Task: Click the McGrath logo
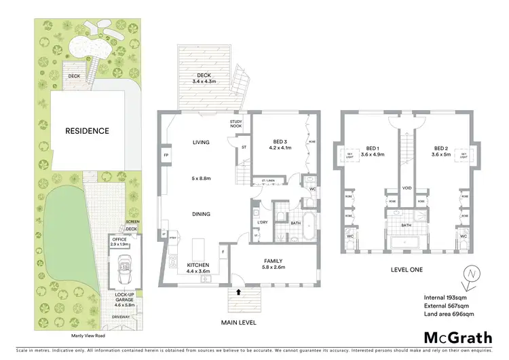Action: click(459, 338)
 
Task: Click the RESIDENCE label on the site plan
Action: click(87, 131)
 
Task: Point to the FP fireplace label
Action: click(166, 155)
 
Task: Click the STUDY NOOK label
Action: click(237, 124)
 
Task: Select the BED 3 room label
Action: click(279, 143)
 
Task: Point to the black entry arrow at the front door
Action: click(239, 292)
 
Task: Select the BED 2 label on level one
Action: click(441, 151)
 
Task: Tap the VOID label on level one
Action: click(407, 188)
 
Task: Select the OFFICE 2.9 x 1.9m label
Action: click(119, 241)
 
